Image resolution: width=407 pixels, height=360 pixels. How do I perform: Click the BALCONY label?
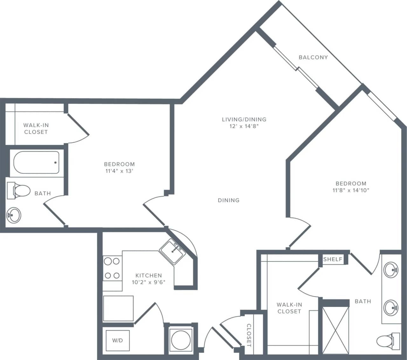(313, 57)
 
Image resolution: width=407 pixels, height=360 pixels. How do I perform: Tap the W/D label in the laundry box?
(117, 341)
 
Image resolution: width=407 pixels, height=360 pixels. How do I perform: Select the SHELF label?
(333, 259)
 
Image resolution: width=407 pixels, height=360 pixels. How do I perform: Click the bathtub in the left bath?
(36, 162)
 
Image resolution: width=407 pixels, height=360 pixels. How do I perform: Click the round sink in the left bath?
(14, 215)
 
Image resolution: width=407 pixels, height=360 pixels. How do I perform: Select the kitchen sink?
(172, 251)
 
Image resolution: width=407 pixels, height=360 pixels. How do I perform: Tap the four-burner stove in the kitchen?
(112, 268)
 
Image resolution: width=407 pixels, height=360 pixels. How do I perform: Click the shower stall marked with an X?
(335, 330)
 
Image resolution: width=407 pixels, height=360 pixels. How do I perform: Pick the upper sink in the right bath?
(390, 270)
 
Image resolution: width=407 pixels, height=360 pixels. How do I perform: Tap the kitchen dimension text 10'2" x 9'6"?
(148, 282)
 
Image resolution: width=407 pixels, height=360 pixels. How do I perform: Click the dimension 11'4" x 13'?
(119, 171)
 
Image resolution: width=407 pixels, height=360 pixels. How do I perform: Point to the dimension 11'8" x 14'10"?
(351, 190)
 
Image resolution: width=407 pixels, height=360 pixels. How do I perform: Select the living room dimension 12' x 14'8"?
(244, 126)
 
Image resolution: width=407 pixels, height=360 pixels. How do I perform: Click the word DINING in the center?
(229, 200)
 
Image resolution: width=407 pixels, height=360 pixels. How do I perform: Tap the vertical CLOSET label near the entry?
(249, 335)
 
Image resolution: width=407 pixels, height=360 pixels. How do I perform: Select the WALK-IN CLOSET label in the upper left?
(36, 129)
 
